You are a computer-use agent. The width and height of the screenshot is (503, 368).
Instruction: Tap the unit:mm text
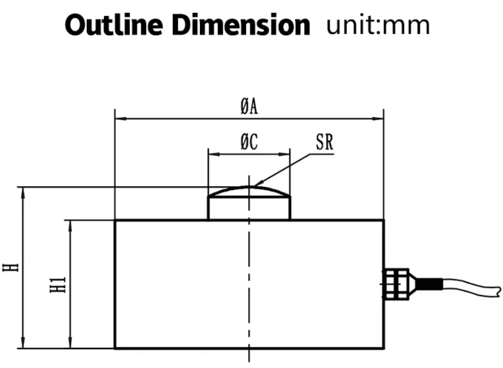[378, 25]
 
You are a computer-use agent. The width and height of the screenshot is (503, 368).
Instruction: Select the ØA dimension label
[249, 108]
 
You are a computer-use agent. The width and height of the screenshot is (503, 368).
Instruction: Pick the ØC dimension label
[249, 142]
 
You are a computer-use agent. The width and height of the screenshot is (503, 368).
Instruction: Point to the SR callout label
[324, 142]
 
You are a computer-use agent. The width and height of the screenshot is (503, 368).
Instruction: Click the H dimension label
[10, 267]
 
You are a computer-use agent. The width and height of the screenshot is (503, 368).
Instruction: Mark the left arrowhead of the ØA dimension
[118, 119]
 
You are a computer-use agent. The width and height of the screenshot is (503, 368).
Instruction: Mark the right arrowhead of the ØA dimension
[381, 119]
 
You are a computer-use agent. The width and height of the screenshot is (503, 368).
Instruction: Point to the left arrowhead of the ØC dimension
[211, 154]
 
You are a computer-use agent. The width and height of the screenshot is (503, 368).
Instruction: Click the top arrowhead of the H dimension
[24, 190]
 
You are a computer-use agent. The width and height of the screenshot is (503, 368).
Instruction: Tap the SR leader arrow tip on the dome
[253, 185]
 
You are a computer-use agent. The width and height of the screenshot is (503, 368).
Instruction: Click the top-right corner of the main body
[384, 220]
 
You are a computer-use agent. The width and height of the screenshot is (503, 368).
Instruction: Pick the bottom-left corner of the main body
[115, 348]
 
